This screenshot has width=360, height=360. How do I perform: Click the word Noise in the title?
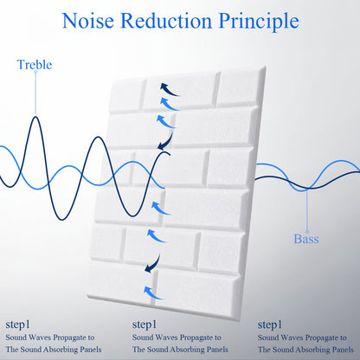pos(88,21)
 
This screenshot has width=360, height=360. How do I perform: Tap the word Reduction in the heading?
pos(166,21)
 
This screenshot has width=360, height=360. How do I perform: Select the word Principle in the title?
pos(259,22)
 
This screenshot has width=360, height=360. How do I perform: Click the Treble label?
pos(35,64)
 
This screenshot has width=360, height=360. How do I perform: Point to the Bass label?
pos(306,239)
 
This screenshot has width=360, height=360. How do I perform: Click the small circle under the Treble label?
pos(35,72)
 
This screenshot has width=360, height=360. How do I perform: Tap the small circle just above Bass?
pos(307,232)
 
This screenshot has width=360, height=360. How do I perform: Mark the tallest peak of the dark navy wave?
pos(35,117)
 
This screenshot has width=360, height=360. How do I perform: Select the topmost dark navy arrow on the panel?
pos(170,90)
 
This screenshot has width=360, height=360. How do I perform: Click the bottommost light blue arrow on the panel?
pos(153,292)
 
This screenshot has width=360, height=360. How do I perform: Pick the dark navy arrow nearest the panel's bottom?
pos(153,264)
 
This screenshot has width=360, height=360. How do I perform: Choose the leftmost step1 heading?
pos(17,325)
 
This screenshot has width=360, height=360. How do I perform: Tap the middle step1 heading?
pos(145,325)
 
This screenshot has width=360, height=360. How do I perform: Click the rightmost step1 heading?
pos(270,325)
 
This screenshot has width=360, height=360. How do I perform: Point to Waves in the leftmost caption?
pos(40,337)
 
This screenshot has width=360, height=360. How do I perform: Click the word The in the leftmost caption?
pos(12,350)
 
